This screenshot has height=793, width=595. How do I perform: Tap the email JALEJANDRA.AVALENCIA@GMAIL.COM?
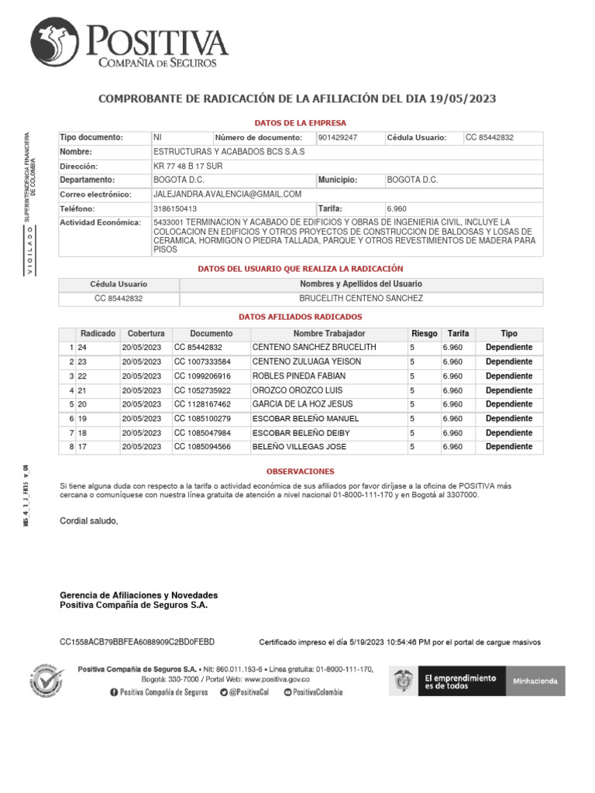tap(227, 194)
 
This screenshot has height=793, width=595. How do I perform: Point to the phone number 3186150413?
tap(175, 208)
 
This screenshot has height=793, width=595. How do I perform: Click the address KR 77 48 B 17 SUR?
tap(189, 166)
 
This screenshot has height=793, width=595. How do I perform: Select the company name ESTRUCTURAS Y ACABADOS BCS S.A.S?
tap(229, 152)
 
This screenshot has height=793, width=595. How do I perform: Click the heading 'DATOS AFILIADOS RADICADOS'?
tap(301, 317)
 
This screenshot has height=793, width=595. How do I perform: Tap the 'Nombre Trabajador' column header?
tap(328, 333)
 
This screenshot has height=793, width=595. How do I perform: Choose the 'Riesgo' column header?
tap(424, 333)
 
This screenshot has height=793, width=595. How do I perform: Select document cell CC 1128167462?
tap(202, 404)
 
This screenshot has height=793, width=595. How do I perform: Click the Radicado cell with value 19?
tap(82, 419)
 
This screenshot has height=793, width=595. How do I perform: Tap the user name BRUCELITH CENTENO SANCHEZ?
tap(361, 298)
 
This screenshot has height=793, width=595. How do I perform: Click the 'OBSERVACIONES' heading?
tap(301, 471)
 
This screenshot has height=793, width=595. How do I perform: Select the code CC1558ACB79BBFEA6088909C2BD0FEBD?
tap(137, 642)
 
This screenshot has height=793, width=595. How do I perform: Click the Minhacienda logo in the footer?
tap(535, 681)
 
